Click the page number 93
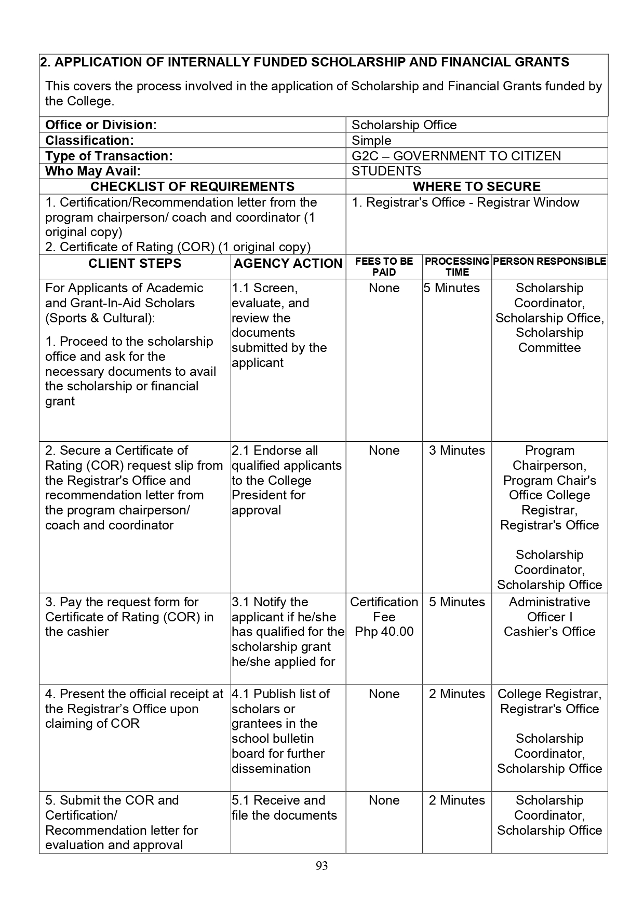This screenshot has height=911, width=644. (x=321, y=866)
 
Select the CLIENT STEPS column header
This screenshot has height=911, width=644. (x=135, y=264)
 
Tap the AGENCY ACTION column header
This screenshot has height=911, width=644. (x=288, y=264)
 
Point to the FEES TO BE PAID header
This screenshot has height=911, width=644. (x=384, y=266)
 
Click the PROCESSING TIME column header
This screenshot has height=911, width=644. (x=457, y=266)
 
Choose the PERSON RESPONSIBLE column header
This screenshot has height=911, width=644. (x=549, y=261)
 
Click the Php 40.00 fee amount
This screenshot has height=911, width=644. (x=384, y=632)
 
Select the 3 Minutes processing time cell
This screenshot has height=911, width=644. (x=457, y=451)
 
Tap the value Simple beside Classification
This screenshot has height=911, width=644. (x=371, y=141)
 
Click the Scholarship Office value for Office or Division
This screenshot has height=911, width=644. (x=404, y=125)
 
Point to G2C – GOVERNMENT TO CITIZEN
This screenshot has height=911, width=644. (x=456, y=156)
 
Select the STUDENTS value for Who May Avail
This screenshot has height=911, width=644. (x=386, y=171)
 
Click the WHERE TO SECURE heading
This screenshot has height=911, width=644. (x=476, y=187)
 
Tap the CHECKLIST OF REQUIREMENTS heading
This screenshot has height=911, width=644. (x=192, y=187)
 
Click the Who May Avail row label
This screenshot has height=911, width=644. (x=93, y=171)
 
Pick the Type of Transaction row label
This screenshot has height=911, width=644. (x=109, y=156)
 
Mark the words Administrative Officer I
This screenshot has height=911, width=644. (x=549, y=609)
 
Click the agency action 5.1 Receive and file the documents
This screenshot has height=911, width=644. (x=284, y=808)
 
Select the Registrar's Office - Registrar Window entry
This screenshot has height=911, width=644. (x=465, y=202)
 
